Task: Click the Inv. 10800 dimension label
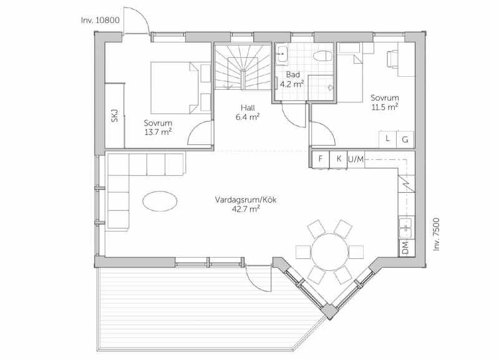(x=100, y=21)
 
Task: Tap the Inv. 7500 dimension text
(x=436, y=234)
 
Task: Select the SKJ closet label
(x=115, y=115)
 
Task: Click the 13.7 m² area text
(x=158, y=132)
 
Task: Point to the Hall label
(x=248, y=107)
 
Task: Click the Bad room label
(x=293, y=74)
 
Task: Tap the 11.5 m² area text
(x=385, y=107)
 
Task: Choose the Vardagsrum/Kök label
(x=246, y=200)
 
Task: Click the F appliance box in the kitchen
(x=321, y=159)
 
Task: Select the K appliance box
(x=339, y=159)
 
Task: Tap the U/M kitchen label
(x=356, y=159)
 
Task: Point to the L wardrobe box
(x=387, y=139)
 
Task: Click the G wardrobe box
(x=405, y=139)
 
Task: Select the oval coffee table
(x=160, y=201)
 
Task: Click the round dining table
(x=330, y=251)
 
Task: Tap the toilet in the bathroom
(x=323, y=57)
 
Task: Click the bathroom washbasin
(x=282, y=54)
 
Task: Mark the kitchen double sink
(x=407, y=227)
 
